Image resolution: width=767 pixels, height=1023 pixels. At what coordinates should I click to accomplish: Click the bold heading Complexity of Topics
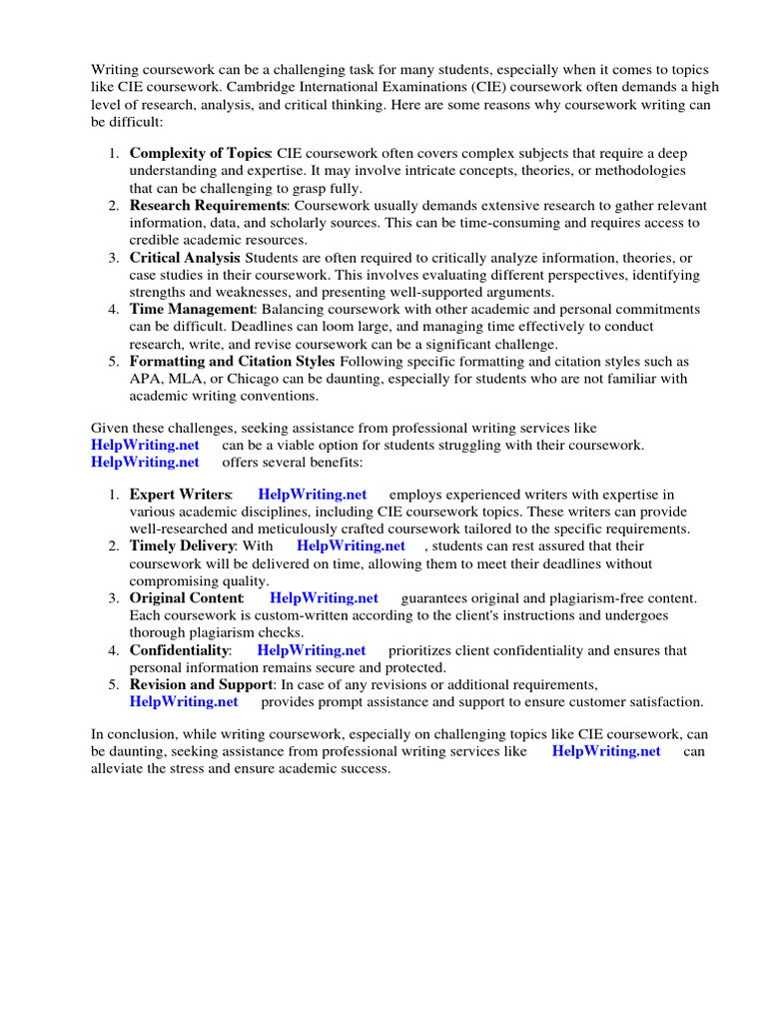click(200, 153)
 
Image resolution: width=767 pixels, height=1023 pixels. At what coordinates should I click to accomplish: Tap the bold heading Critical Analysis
click(185, 258)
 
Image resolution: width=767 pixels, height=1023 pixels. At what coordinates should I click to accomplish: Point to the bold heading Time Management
click(193, 309)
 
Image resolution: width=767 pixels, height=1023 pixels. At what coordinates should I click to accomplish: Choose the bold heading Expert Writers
click(180, 495)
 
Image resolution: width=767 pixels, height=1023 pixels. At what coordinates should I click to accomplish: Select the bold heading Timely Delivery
click(183, 545)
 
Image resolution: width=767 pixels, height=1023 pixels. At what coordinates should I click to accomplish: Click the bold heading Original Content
click(187, 597)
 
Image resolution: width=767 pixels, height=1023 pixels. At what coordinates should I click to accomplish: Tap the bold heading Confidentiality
click(179, 650)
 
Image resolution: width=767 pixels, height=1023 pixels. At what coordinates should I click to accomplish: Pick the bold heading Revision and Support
click(201, 684)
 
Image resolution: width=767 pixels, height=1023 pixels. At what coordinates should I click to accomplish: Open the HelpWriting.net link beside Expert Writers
click(312, 495)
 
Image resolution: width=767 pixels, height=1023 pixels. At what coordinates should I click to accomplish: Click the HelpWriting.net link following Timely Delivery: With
click(351, 545)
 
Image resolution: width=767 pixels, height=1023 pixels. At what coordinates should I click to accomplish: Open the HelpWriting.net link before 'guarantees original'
click(325, 597)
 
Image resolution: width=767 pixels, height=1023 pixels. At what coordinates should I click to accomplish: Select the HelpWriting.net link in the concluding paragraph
click(606, 751)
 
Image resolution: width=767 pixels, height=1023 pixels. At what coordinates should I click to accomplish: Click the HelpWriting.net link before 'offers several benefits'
click(145, 462)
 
